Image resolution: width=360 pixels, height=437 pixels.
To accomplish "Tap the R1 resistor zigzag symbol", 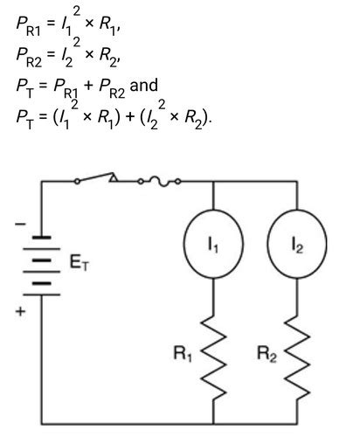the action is (x=213, y=359).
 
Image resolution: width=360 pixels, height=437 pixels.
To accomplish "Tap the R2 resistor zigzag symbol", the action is (x=297, y=359).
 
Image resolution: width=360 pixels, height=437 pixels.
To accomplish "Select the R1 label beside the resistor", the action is (x=183, y=354).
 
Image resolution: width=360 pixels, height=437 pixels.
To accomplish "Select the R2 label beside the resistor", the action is (x=267, y=354).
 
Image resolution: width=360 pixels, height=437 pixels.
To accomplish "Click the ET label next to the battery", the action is (x=80, y=262).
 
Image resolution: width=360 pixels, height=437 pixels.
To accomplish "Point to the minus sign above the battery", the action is (x=20, y=224).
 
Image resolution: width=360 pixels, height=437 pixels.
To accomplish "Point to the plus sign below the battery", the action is (x=20, y=311).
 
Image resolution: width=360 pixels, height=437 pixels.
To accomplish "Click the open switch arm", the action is (x=94, y=177).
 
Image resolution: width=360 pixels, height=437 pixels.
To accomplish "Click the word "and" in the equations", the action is (x=143, y=85).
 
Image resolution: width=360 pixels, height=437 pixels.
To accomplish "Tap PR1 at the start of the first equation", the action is (x=28, y=27).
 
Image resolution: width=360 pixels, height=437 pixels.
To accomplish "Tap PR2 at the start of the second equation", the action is (x=29, y=58).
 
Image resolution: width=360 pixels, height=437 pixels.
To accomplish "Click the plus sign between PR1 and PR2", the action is (x=88, y=86).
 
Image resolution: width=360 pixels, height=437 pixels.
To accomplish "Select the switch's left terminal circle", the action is (x=77, y=182).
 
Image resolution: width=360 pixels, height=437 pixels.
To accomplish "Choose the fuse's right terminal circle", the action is (x=178, y=182).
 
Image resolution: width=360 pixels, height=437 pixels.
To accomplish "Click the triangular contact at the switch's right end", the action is (x=114, y=177).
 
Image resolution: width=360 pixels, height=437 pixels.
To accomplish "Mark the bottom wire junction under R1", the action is (x=213, y=424).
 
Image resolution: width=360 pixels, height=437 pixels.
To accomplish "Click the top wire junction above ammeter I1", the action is (x=213, y=182).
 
